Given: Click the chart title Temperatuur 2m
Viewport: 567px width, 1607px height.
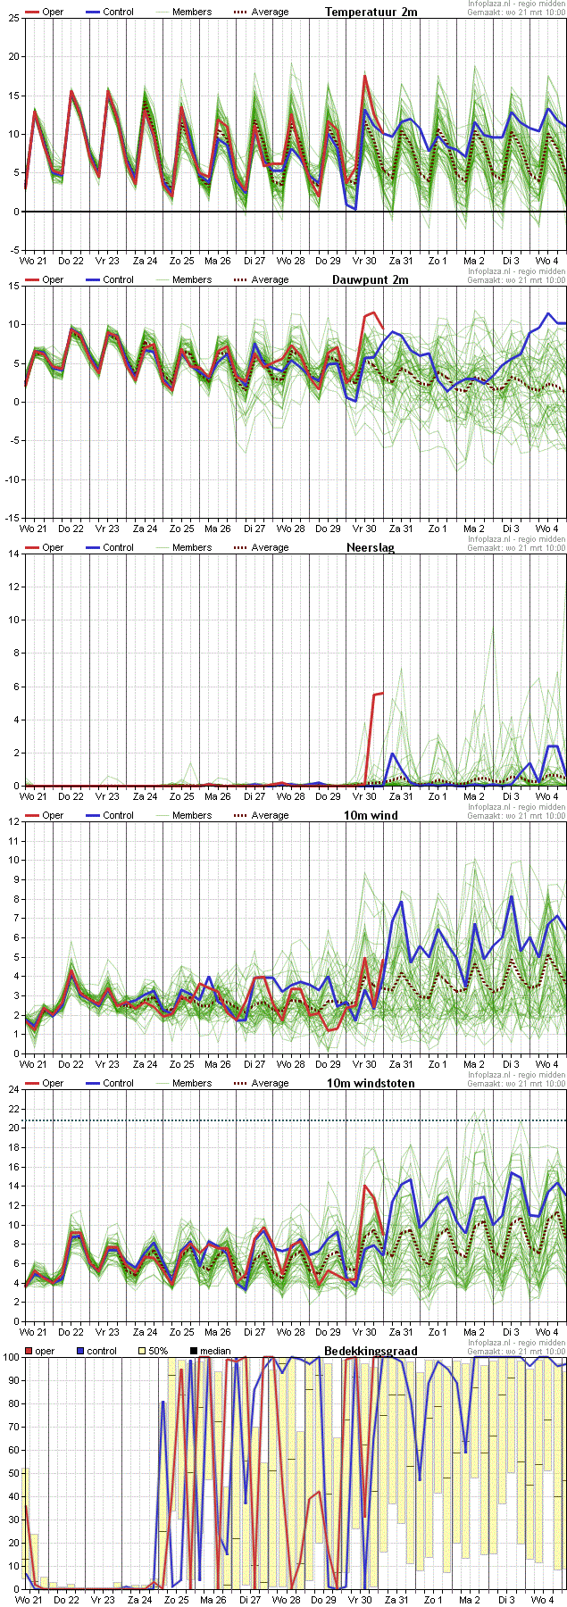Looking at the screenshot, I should [x=371, y=12].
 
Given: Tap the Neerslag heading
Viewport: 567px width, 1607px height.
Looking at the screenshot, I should [x=371, y=547].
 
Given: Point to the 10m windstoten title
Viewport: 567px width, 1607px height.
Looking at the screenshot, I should [x=371, y=1083].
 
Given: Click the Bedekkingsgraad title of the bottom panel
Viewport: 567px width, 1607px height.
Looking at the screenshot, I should [x=371, y=1351].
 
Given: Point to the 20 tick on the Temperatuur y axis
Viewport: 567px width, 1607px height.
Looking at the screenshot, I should [x=14, y=56].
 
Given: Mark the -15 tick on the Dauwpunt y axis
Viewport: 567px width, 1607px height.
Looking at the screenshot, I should [x=13, y=518].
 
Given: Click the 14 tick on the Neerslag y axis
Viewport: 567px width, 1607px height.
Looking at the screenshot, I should [x=14, y=554].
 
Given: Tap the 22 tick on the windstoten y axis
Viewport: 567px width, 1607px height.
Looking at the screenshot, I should [x=14, y=1108].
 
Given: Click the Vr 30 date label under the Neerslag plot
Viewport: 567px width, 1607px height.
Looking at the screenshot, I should [x=363, y=796].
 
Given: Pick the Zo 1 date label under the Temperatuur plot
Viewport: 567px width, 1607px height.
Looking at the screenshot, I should [x=438, y=261].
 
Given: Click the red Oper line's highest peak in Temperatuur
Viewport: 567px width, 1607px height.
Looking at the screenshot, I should [x=365, y=76].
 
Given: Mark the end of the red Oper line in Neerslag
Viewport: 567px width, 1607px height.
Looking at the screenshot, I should [x=382, y=693].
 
